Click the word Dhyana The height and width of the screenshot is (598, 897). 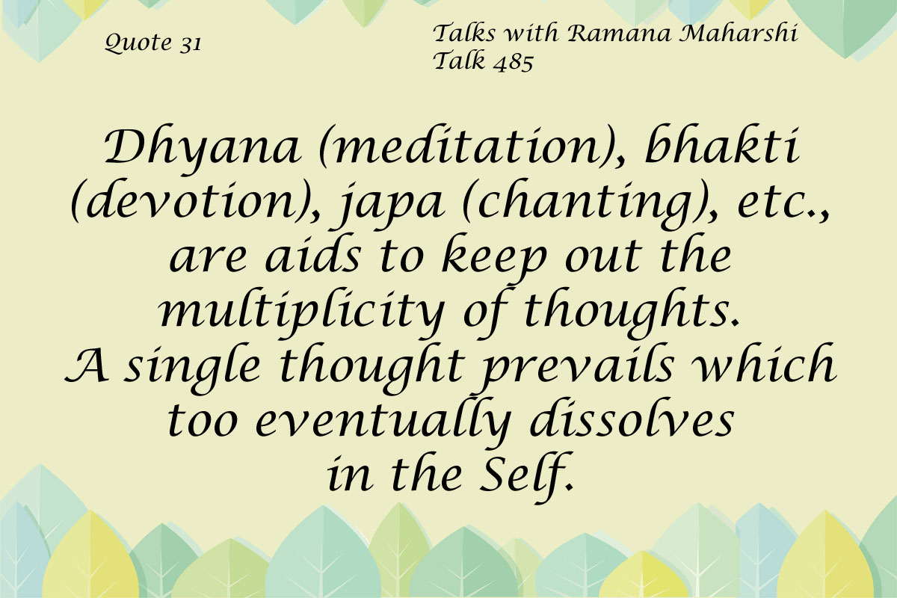203,149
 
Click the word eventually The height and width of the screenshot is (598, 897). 383,422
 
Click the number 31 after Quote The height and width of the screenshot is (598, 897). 190,43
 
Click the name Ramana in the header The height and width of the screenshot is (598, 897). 620,33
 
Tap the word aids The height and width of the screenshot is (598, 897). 313,256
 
